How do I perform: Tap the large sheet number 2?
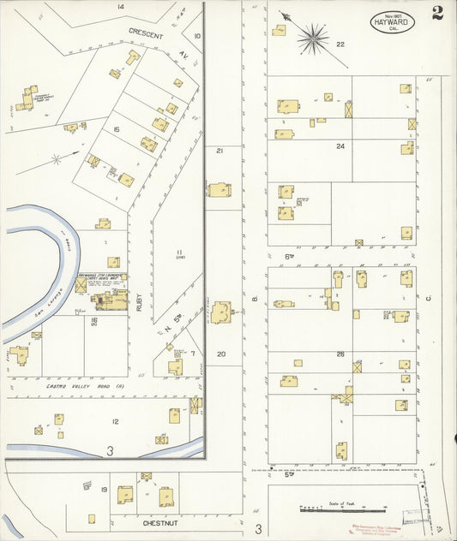click(438, 12)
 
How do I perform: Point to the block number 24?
click(340, 146)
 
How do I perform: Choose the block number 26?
click(340, 354)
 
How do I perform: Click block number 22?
click(340, 44)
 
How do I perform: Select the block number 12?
click(114, 421)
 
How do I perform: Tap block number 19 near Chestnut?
click(103, 489)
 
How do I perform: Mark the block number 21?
click(219, 150)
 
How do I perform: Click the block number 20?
click(220, 354)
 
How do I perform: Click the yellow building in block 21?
click(219, 189)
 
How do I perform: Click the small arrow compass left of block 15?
click(56, 158)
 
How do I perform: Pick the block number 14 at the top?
click(121, 7)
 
